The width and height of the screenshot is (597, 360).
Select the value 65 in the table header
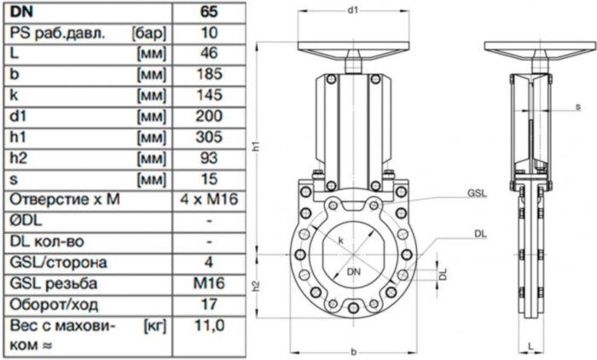tap(208, 12)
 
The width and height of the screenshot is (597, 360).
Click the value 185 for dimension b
tap(208, 74)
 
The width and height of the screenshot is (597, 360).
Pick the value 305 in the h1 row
tap(208, 136)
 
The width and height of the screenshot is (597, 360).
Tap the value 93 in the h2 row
tap(208, 158)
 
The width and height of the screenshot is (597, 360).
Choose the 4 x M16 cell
tap(208, 200)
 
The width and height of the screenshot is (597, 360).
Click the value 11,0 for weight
tap(208, 325)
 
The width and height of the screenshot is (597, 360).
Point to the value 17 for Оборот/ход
tap(208, 304)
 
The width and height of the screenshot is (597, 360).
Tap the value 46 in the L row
tap(208, 54)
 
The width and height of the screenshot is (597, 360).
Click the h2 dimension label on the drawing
tap(255, 287)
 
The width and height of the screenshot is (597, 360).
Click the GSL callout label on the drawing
tap(476, 194)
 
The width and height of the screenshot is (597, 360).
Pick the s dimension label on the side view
tap(578, 107)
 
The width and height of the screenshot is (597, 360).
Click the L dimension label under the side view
tap(530, 346)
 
